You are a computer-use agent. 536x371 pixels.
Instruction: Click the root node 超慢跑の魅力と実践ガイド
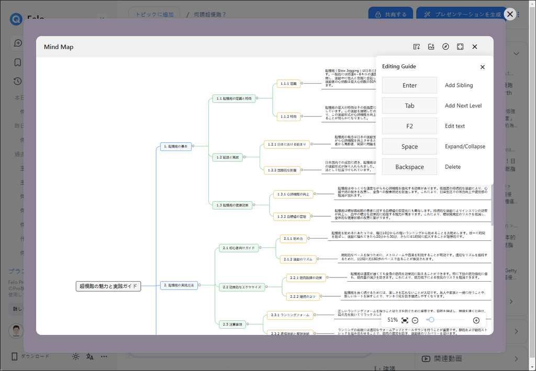click(108, 286)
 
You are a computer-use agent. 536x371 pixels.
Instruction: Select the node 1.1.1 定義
click(288, 84)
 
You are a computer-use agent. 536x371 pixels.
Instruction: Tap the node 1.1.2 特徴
click(288, 117)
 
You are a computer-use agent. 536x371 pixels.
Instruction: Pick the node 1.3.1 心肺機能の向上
click(293, 194)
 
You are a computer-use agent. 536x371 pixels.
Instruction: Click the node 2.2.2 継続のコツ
click(303, 296)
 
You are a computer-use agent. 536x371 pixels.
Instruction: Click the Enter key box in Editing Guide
click(409, 85)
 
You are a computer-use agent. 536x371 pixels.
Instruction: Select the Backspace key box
click(409, 167)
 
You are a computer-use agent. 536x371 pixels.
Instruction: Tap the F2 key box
click(409, 126)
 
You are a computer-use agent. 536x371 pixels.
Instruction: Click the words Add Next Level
click(463, 106)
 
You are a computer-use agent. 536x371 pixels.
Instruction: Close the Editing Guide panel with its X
click(483, 67)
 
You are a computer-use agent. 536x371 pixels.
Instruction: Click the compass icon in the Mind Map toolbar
click(445, 47)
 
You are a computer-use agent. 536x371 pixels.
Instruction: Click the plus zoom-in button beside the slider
click(476, 320)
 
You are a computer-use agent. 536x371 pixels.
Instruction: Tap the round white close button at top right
click(510, 14)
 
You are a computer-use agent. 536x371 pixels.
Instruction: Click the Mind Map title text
click(59, 47)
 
